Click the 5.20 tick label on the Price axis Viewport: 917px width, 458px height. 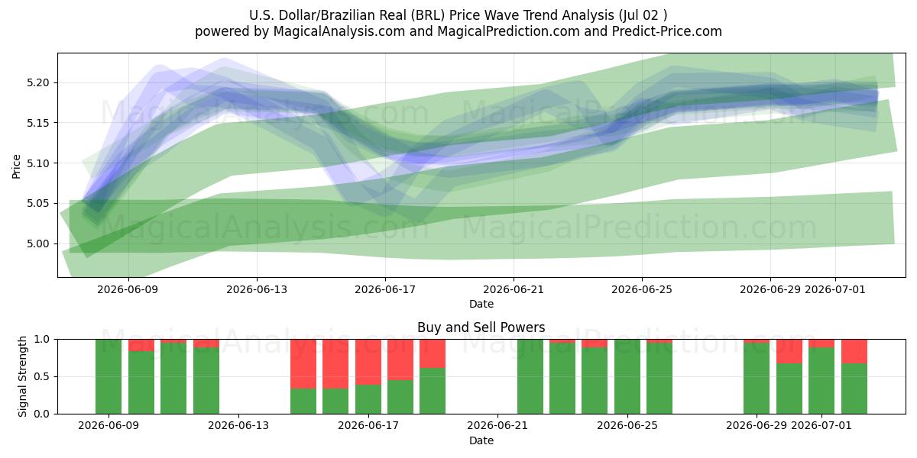37,83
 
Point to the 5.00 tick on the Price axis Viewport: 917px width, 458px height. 37,244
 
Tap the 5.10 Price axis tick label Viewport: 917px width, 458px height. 37,163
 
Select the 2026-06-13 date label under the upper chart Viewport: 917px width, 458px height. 257,290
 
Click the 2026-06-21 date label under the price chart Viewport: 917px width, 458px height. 514,290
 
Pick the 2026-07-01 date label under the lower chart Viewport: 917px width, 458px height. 821,426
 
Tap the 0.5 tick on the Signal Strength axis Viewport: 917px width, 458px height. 42,376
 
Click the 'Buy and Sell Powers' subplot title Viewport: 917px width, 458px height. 481,327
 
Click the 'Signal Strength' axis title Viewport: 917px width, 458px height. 22,376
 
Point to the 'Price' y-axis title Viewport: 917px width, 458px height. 16,166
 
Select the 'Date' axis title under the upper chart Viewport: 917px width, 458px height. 481,305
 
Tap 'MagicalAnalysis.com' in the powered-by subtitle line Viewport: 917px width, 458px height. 339,31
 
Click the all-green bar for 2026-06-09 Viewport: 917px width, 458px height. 109,376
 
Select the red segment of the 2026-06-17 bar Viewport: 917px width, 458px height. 368,362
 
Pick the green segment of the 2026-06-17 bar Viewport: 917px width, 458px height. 368,399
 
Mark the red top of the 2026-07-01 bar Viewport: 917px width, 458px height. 821,343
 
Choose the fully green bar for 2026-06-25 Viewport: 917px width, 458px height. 627,376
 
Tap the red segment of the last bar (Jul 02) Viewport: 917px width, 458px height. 854,351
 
